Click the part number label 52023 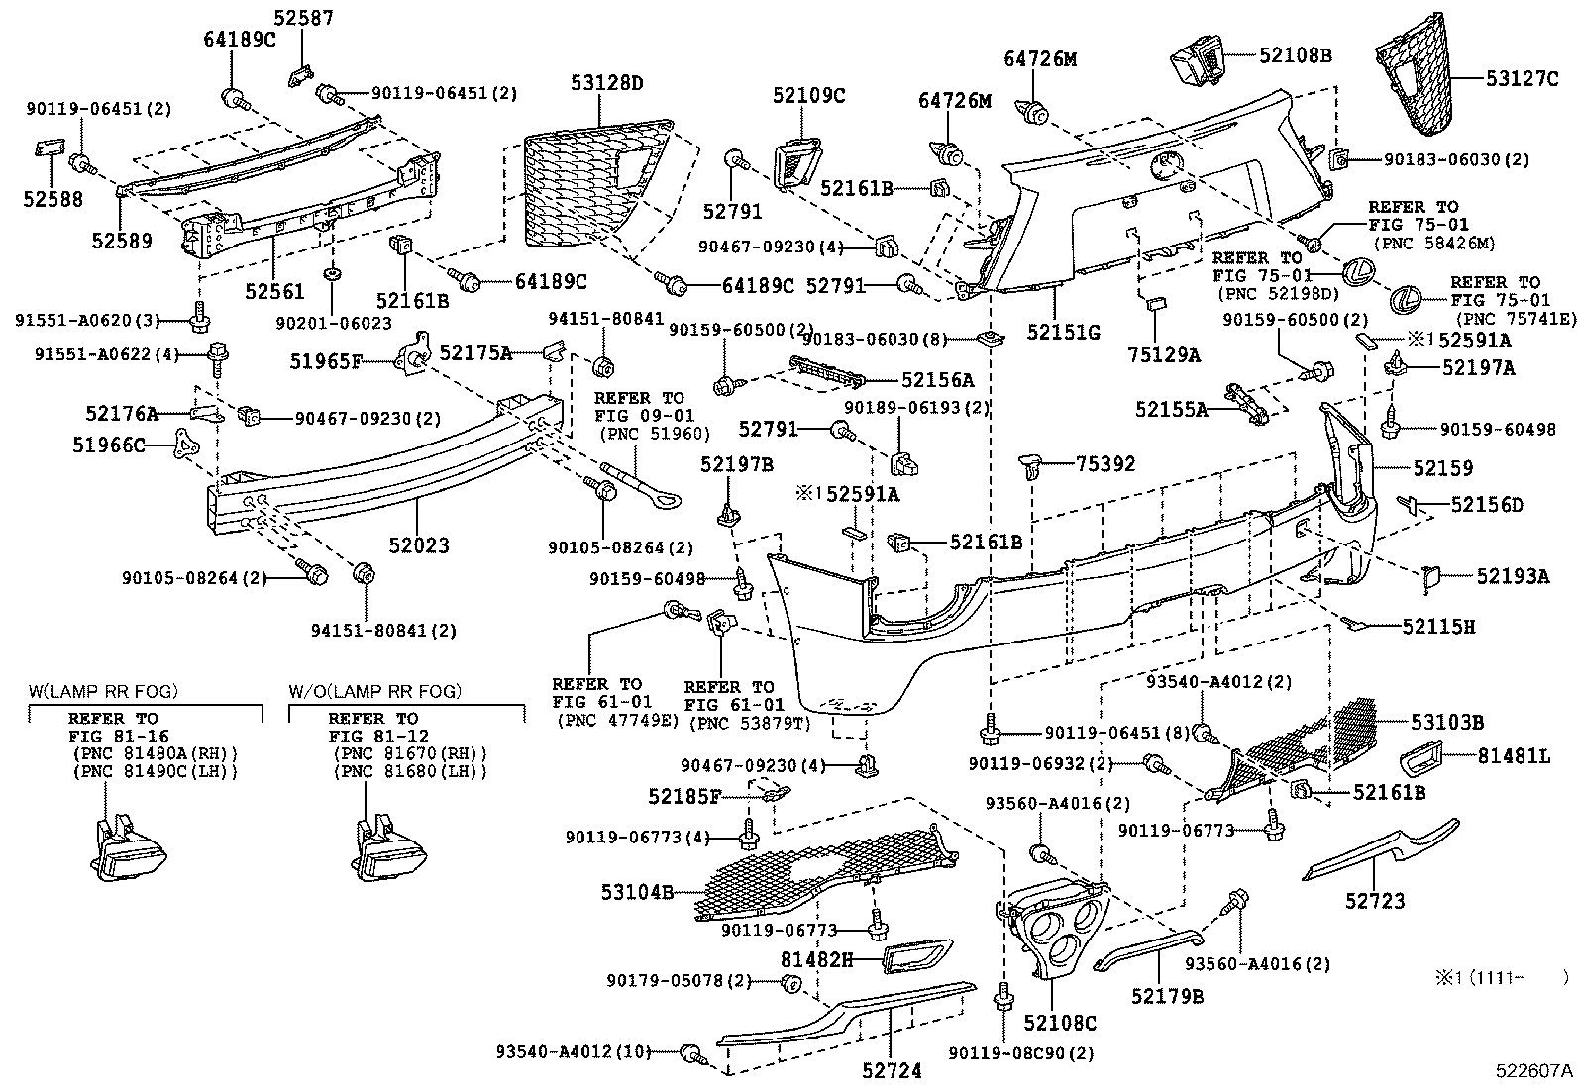tap(418, 544)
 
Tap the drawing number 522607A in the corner tap(1534, 1070)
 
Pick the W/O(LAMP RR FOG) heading tap(375, 691)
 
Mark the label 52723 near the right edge tap(1374, 901)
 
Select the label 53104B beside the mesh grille tap(636, 892)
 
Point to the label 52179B tap(1168, 996)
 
